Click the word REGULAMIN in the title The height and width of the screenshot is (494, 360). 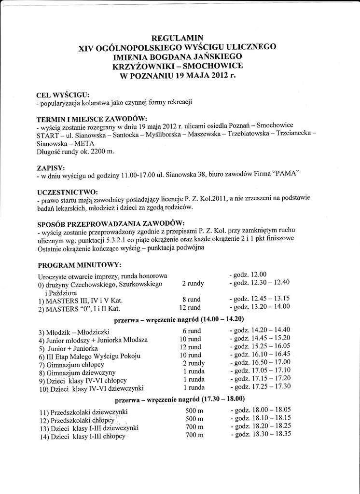coord(177,38)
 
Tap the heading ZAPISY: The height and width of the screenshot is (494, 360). coord(51,168)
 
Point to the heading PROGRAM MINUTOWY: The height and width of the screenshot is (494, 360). coord(79,265)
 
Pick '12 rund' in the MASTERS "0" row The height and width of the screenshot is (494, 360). coord(190,307)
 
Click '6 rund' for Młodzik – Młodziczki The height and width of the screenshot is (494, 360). coord(192,331)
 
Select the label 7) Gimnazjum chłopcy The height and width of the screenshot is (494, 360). coord(71,364)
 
